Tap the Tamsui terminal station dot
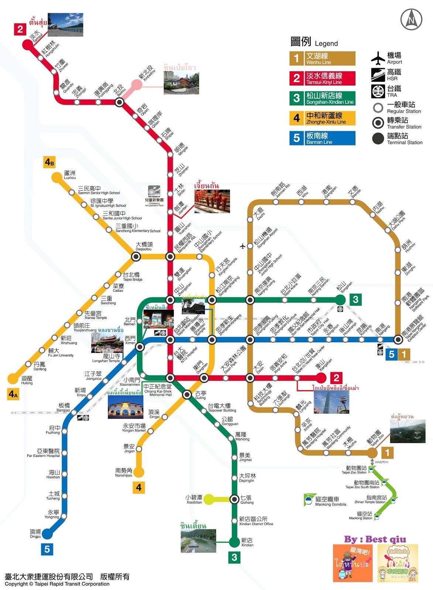pyautogui.click(x=27, y=45)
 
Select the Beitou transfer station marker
pyautogui.click(x=119, y=102)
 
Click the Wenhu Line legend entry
pyautogui.click(x=322, y=58)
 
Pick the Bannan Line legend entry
pyautogui.click(x=322, y=138)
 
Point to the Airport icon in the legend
pyautogui.click(x=378, y=58)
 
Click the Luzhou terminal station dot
pyautogui.click(x=57, y=178)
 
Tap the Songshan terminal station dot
pyautogui.click(x=340, y=300)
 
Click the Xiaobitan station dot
pyautogui.click(x=209, y=499)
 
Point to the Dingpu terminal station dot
pyautogui.click(x=47, y=533)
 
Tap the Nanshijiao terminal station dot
pyautogui.click(x=139, y=472)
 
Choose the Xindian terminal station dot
pyautogui.click(x=234, y=542)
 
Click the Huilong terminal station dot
pyautogui.click(x=13, y=378)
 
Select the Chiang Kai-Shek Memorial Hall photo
pyautogui.click(x=126, y=407)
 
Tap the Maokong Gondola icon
pyautogui.click(x=309, y=500)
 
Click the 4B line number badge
pyautogui.click(x=49, y=162)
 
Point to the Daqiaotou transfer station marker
pyautogui.click(x=136, y=257)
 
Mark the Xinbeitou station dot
pyautogui.click(x=136, y=85)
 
